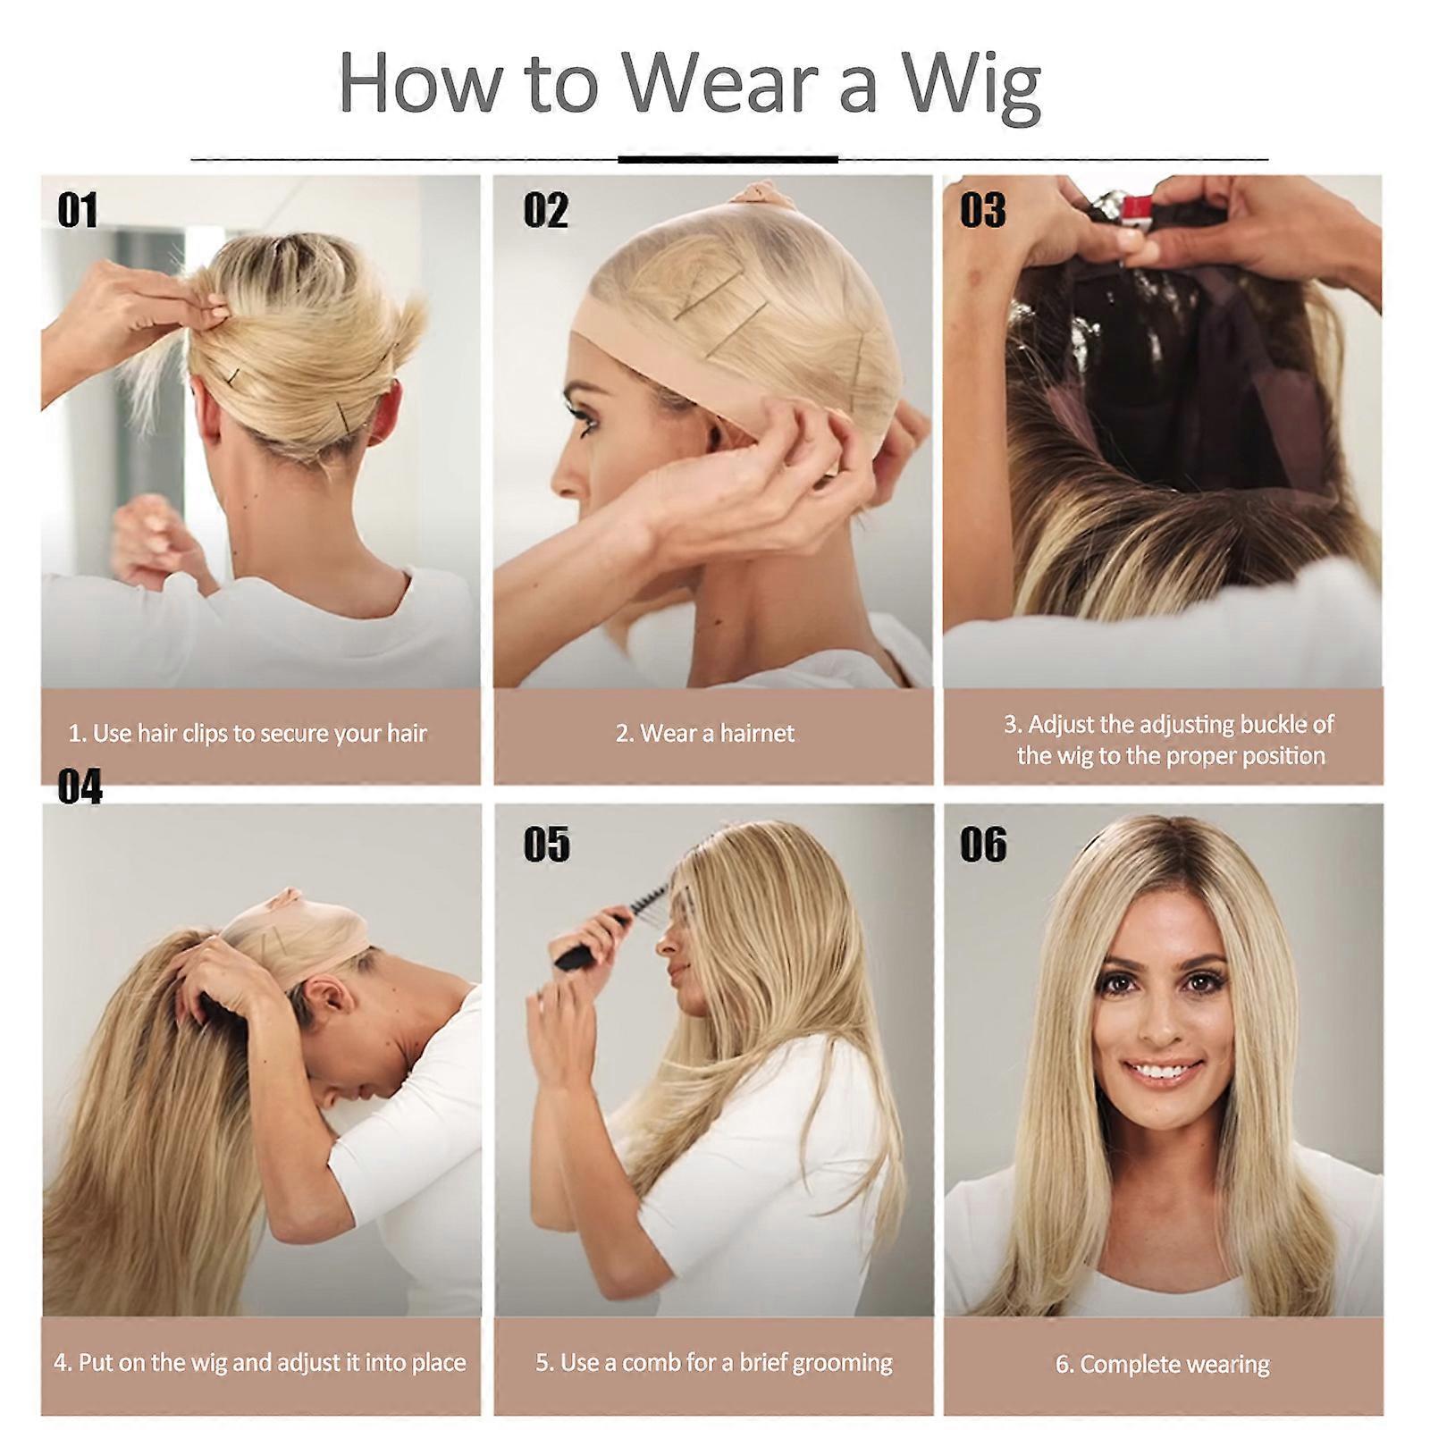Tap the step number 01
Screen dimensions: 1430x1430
78,211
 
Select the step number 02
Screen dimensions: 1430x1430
545,211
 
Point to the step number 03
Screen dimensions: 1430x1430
983,211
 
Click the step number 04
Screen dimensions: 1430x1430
80,787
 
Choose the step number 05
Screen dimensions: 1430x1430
546,845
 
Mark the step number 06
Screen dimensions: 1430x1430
983,845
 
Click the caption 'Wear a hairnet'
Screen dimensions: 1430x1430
717,734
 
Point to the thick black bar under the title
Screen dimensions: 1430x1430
728,159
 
